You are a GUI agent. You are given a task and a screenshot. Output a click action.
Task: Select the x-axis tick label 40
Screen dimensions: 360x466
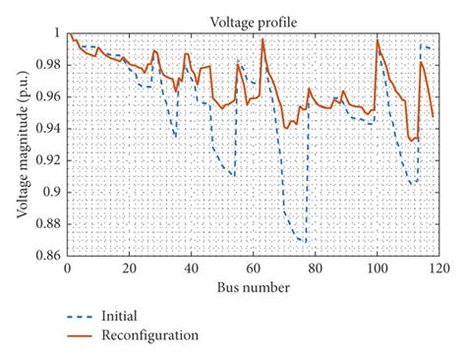pos(191,269)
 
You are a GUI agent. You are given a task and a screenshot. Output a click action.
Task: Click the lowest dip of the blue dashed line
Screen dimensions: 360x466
pos(305,242)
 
